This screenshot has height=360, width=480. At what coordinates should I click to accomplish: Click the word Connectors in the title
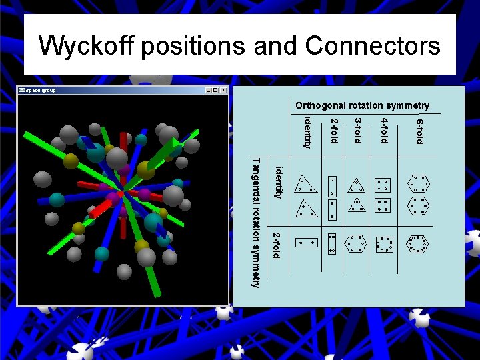(373, 46)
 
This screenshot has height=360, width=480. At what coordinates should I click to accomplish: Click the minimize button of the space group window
(209, 90)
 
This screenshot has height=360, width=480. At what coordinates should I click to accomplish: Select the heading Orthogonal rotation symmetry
(362, 105)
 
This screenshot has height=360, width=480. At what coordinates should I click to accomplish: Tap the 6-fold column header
(419, 131)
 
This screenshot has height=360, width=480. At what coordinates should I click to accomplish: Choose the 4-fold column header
(384, 131)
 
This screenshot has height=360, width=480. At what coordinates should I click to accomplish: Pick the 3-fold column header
(357, 131)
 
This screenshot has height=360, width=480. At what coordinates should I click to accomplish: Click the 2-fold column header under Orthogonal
(335, 131)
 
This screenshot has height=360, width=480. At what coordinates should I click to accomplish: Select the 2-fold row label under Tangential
(275, 244)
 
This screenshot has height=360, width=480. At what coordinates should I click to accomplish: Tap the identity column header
(307, 132)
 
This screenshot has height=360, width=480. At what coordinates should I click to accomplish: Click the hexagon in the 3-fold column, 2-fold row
(357, 245)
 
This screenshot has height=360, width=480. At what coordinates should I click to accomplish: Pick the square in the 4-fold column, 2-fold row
(384, 245)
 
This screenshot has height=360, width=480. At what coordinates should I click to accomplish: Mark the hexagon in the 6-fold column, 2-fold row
(419, 245)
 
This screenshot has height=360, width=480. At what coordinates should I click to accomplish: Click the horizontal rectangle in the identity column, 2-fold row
(307, 243)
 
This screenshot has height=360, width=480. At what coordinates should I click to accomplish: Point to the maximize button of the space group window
(216, 90)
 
